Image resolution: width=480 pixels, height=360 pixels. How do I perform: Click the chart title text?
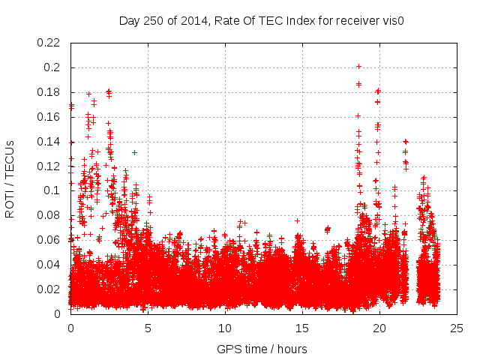coord(262,21)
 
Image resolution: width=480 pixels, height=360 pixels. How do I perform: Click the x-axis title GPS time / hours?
coord(262,349)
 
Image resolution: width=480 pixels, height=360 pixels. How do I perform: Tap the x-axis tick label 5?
coord(148,328)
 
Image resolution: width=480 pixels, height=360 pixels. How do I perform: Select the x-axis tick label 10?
coord(225,328)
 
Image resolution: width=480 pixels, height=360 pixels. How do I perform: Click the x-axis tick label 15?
coord(302,328)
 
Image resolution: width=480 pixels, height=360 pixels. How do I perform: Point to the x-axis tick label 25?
coord(457,328)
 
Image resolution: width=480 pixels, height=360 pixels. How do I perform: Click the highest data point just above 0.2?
coord(358,66)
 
